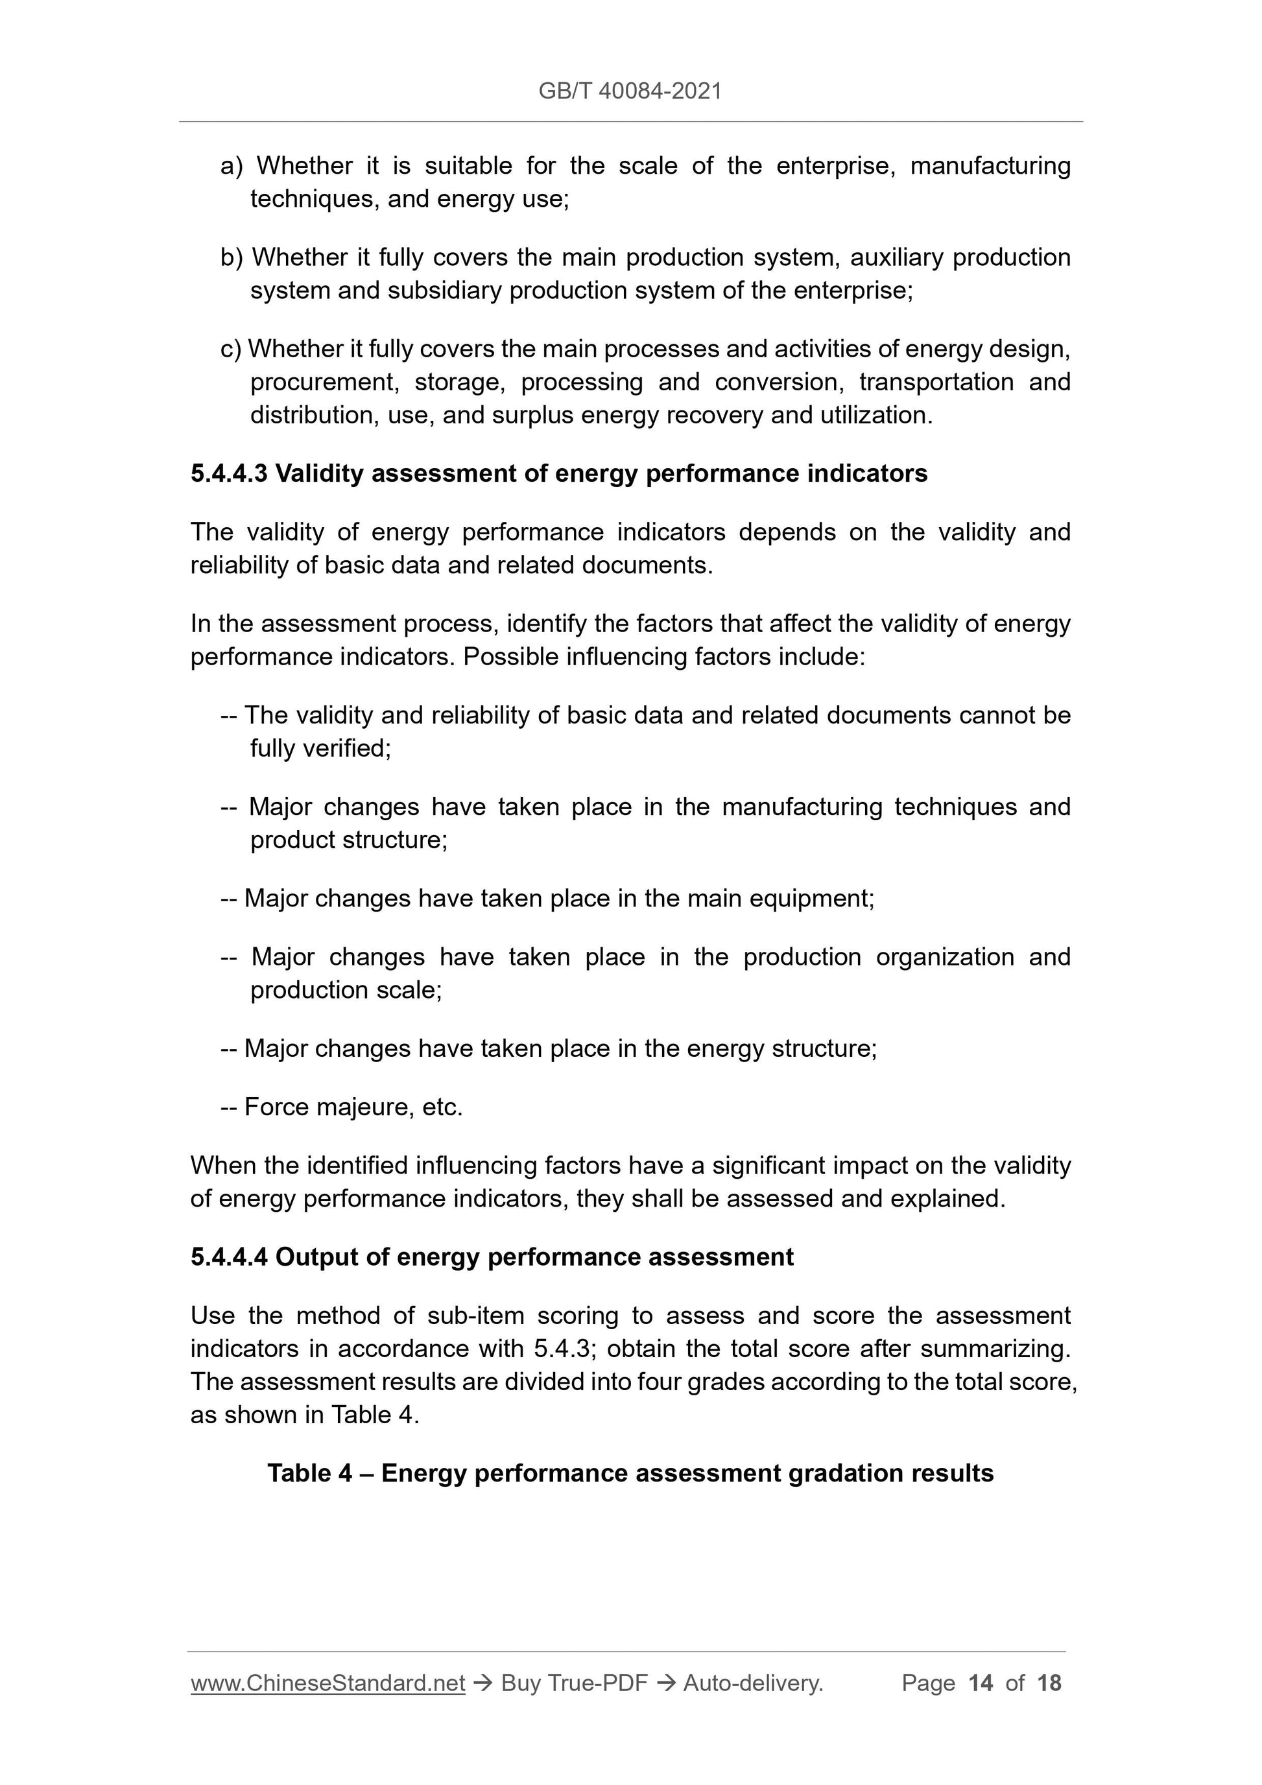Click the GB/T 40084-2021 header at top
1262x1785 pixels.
[x=630, y=91]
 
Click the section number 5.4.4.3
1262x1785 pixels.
[x=230, y=473]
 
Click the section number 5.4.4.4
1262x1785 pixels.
[x=230, y=1257]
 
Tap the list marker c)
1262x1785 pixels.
[x=231, y=349]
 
